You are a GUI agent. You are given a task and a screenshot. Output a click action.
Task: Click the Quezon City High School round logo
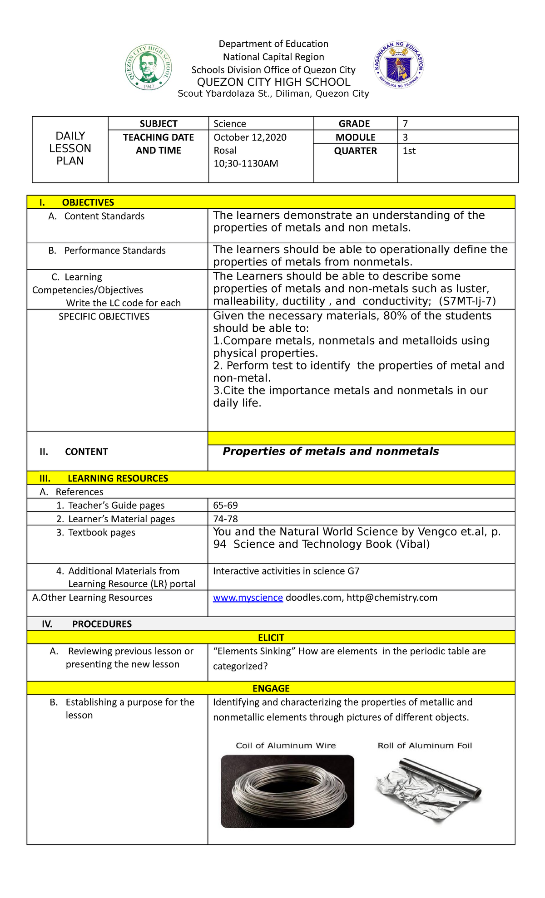tap(149, 68)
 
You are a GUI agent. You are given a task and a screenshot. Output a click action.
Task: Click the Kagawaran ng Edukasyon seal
tap(399, 65)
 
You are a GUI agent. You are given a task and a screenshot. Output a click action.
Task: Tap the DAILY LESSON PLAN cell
tap(70, 148)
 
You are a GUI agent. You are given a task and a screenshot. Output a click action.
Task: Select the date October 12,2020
tap(250, 137)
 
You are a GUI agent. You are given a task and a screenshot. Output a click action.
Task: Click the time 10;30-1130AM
tap(246, 163)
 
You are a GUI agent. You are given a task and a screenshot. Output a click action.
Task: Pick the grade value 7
tap(405, 124)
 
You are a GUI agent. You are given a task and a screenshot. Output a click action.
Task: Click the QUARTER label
tap(355, 151)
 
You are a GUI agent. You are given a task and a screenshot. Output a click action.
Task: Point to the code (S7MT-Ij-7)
tap(467, 301)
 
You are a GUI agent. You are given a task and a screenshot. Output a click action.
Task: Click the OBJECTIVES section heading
tap(88, 202)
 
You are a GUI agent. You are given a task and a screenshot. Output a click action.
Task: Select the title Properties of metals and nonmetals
tap(330, 451)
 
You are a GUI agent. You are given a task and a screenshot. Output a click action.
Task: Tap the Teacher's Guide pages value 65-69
tap(225, 505)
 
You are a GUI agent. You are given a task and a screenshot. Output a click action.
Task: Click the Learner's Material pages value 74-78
tap(225, 519)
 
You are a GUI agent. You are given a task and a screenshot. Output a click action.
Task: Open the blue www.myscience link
tap(248, 598)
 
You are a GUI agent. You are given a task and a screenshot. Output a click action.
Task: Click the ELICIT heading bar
tap(271, 638)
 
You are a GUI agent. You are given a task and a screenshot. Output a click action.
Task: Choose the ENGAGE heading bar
tap(271, 688)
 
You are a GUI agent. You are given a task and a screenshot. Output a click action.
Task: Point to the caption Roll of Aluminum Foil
tap(425, 746)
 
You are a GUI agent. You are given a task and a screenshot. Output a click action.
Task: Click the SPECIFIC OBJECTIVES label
tap(104, 317)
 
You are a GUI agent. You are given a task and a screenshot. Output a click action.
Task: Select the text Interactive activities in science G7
tap(286, 571)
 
